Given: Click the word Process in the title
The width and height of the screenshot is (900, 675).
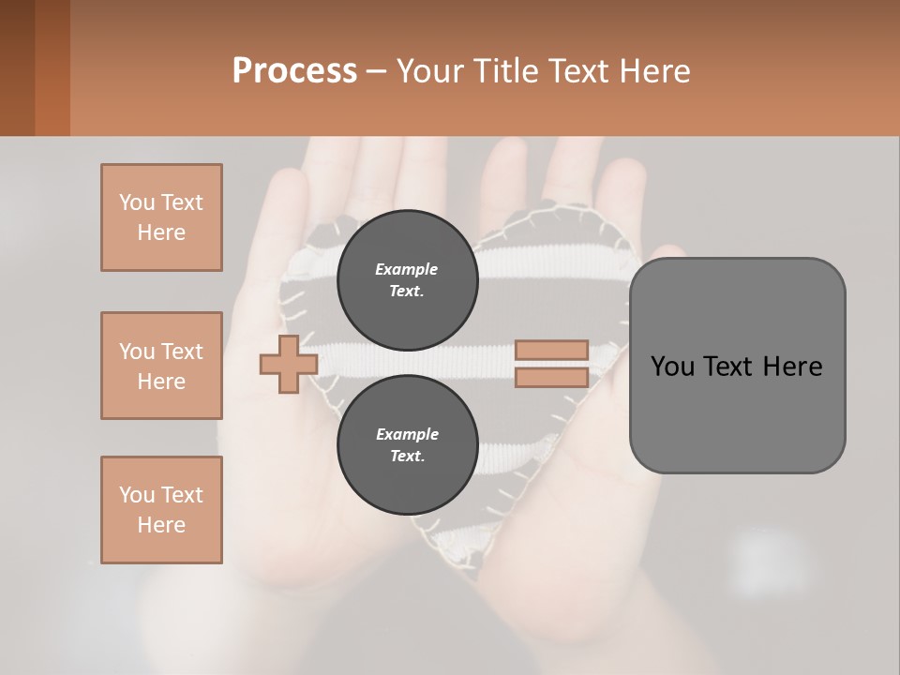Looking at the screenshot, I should click(294, 71).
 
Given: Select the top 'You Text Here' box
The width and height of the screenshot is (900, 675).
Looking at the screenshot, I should click(161, 217).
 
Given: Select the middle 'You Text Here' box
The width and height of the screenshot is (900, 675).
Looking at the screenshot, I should click(161, 366).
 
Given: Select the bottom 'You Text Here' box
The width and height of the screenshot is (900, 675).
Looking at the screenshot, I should click(161, 510).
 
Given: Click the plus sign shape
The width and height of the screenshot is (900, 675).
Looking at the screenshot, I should click(289, 364).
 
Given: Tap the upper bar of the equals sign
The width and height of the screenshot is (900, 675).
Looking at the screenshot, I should click(551, 350).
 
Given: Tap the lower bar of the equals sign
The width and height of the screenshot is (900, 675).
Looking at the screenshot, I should click(551, 377).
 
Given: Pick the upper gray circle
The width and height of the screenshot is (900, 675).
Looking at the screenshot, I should click(407, 279).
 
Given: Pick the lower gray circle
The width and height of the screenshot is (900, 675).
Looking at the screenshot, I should click(407, 444).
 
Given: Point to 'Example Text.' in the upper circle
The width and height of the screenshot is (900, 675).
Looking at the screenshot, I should click(407, 279).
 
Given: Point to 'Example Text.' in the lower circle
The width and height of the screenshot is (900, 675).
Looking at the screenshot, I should click(407, 444).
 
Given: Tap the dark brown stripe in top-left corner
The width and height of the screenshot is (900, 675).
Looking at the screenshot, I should click(17, 67).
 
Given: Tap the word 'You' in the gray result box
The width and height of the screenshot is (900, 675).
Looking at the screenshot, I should click(672, 367).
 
